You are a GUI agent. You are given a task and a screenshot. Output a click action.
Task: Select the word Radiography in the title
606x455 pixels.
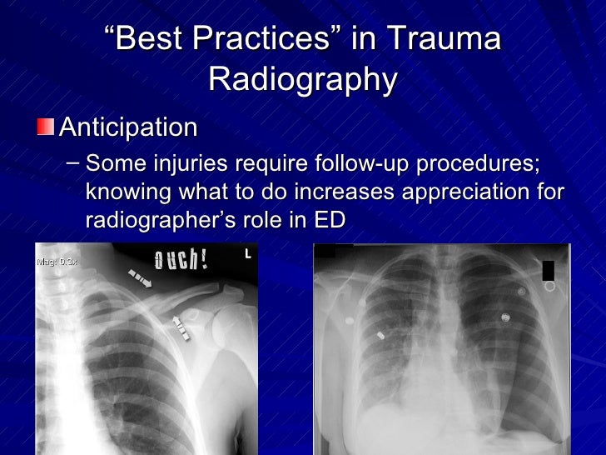pos(303,79)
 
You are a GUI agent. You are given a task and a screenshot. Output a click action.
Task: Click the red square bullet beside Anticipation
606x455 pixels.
pos(45,127)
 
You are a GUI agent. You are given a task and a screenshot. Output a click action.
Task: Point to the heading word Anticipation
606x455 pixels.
pos(129,127)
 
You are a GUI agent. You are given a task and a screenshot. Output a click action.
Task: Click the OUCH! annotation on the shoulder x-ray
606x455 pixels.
pos(181,260)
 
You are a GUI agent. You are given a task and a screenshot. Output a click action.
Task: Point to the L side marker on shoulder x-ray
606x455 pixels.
pos(247,253)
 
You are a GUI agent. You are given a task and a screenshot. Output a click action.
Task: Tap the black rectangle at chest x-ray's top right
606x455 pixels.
pos(548,270)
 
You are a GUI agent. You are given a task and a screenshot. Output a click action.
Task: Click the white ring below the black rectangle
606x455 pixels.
pos(549,287)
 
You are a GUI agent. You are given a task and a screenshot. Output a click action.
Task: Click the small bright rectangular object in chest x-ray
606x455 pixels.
pos(380,335)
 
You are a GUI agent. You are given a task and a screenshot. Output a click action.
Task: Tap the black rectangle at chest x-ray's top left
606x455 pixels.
pos(325,250)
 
